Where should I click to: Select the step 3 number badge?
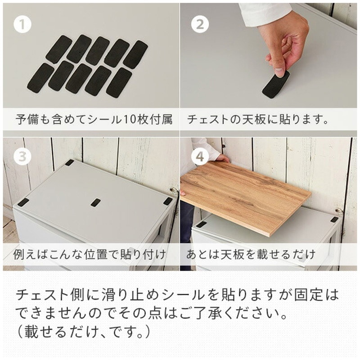22,157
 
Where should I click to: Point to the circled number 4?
200,157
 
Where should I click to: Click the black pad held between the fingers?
275,84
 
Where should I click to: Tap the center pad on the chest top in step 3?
95,202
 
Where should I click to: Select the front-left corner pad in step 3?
23,202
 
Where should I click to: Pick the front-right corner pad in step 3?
167,201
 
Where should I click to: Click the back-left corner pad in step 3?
69,162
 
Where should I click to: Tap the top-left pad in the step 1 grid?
59,49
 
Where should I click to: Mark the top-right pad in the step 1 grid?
135,54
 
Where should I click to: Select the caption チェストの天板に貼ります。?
257,120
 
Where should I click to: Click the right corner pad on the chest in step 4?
334,220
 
